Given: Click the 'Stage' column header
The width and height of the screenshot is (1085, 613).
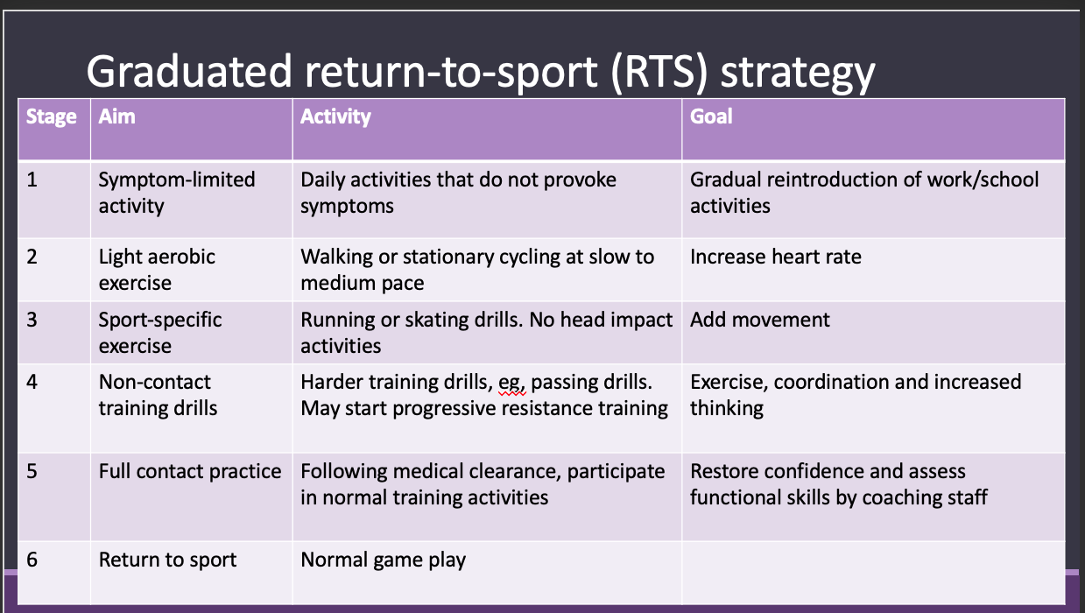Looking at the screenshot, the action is (52, 116).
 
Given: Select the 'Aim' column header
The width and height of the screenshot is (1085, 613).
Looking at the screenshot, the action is (116, 116).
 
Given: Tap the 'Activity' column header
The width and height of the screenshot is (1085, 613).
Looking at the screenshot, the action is (335, 116).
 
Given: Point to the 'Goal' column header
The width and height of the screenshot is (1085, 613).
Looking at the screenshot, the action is (711, 116).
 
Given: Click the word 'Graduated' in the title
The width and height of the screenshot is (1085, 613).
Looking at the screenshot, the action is (189, 71).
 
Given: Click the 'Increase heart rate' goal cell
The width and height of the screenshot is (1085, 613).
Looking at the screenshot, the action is (776, 257).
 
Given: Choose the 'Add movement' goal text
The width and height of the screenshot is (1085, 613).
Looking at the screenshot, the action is (759, 320).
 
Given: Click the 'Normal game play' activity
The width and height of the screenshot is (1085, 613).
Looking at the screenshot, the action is (384, 560).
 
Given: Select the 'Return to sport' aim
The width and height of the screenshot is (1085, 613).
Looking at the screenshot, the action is (167, 560).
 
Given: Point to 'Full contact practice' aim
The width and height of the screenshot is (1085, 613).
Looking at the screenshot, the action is (190, 472).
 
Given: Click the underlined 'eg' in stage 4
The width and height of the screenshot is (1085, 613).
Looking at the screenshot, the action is (511, 384).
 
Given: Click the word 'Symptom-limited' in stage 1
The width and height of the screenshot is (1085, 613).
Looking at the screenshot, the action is (177, 180).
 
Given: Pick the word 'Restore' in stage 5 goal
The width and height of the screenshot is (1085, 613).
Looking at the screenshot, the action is (722, 471).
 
